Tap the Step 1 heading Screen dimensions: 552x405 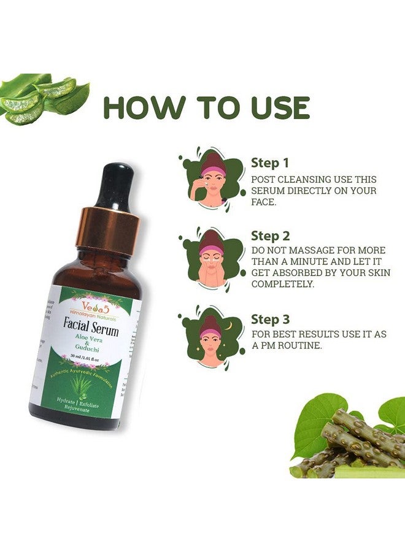269,163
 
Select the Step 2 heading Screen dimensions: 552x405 271,236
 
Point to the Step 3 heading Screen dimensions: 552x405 271,320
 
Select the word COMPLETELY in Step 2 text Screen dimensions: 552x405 282,285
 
